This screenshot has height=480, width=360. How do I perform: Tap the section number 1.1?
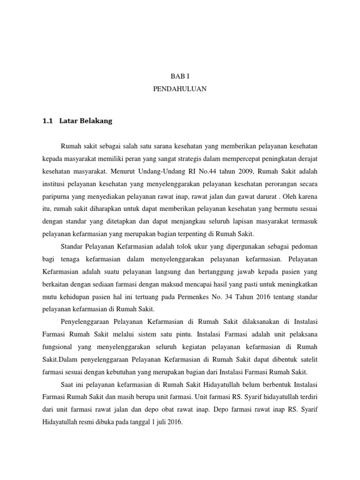47,121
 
